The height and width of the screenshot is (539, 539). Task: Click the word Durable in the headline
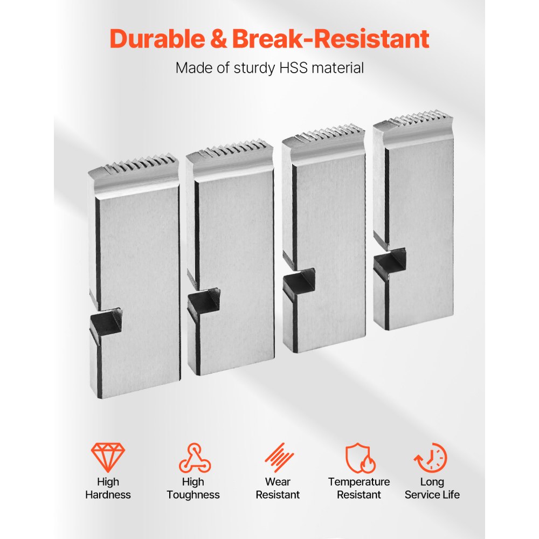click(157, 39)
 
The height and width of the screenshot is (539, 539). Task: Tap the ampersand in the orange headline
click(219, 39)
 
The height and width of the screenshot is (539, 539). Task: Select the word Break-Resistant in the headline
click(331, 39)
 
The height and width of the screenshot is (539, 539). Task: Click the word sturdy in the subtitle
click(254, 68)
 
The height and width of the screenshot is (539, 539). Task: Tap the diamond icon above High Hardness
click(108, 457)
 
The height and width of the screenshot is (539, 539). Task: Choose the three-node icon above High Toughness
click(195, 458)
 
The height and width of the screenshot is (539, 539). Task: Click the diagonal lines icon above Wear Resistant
click(279, 458)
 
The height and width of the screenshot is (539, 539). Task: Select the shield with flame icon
click(360, 458)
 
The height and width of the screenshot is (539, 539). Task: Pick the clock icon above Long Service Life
click(431, 458)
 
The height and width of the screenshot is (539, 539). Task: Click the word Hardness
click(108, 495)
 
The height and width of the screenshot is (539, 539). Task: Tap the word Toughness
click(193, 495)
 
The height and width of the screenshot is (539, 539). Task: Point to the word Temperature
click(359, 482)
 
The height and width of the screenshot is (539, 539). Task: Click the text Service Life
click(432, 495)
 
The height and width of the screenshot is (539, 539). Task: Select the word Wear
click(278, 481)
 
